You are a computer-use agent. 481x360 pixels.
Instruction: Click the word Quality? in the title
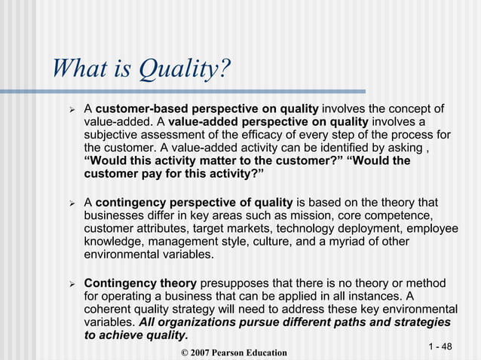pyautogui.click(x=182, y=72)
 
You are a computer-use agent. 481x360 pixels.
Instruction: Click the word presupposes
pyautogui.click(x=235, y=283)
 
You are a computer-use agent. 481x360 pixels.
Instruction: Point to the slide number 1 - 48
pyautogui.click(x=440, y=346)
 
